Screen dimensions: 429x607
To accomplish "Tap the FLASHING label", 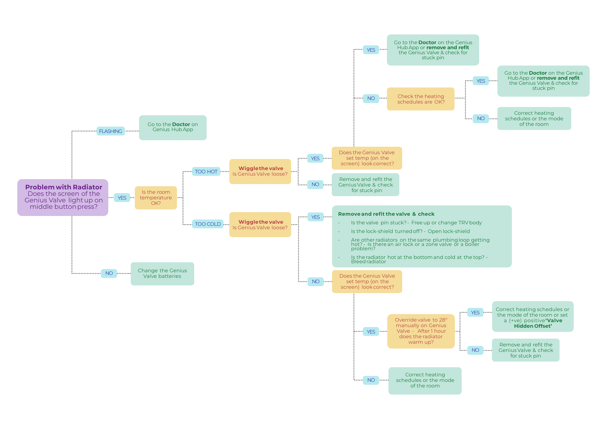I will click(111, 131).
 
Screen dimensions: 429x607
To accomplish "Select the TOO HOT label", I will click(206, 171).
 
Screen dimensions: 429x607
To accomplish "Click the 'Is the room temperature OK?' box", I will click(156, 198).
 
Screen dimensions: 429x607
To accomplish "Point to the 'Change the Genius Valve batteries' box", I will click(162, 273).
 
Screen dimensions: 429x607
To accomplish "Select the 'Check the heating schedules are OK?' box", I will click(421, 99).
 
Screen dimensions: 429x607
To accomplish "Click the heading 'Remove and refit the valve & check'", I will click(386, 214).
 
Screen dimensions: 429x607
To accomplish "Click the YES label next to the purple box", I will click(122, 198).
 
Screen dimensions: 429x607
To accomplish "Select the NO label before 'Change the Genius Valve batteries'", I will click(109, 273).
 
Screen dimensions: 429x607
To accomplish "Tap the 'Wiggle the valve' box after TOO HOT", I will click(260, 171).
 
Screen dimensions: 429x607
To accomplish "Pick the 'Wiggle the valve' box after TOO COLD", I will click(260, 225).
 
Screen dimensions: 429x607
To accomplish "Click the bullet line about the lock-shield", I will click(410, 231).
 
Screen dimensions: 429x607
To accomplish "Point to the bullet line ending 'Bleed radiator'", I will click(419, 259).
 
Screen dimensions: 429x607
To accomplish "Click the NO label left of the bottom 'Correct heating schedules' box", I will click(371, 380).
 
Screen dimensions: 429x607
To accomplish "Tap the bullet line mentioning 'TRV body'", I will click(416, 223).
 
